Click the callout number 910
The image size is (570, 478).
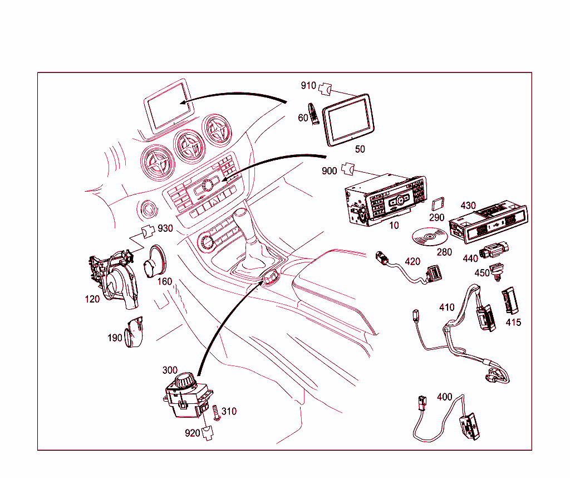308,86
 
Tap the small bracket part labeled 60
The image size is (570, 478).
314,114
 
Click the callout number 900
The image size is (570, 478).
329,170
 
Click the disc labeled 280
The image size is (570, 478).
428,238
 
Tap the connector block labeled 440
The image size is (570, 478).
494,251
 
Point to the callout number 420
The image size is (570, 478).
412,261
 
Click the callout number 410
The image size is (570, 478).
446,307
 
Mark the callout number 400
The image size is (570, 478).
444,397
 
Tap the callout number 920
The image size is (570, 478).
193,433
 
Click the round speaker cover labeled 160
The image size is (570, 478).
154,260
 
